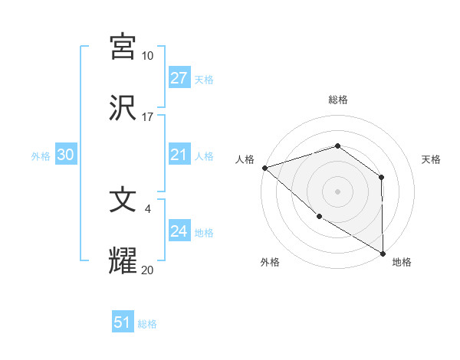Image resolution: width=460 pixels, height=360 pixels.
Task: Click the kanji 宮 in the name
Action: point(123,46)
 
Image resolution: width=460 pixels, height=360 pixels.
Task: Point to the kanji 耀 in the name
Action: point(123,260)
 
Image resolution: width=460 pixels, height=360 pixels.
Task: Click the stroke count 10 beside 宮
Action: point(147,56)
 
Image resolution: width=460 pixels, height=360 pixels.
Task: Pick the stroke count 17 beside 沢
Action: point(147,117)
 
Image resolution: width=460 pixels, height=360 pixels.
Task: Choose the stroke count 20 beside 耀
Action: point(147,270)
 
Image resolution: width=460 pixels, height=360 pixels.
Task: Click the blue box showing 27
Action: point(179,78)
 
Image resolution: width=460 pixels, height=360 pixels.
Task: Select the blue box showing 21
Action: point(179,155)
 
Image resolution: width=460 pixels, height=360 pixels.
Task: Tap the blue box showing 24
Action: point(179,231)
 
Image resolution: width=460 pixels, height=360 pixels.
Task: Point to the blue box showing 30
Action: point(65,155)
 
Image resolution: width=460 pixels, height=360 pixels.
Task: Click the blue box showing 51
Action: point(123,322)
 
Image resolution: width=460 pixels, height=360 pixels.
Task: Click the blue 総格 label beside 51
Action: point(147,324)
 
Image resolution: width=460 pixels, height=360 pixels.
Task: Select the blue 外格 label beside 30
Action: point(41,155)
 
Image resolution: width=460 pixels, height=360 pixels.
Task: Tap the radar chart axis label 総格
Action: point(337,100)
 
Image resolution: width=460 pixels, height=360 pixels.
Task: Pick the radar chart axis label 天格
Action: point(432,159)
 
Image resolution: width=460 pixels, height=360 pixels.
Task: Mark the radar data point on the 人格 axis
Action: point(264,167)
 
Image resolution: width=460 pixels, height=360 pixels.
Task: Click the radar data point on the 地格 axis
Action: point(383,254)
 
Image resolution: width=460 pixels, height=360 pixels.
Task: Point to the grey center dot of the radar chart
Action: point(337,191)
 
